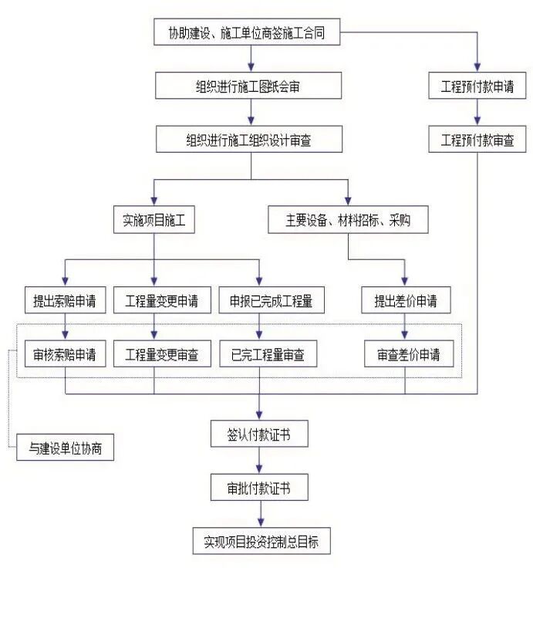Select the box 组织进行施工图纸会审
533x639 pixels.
pyautogui.click(x=248, y=86)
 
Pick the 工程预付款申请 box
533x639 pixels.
pyautogui.click(x=477, y=86)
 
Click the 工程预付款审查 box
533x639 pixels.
pyautogui.click(x=477, y=140)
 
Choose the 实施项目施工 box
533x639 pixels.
pyautogui.click(x=154, y=221)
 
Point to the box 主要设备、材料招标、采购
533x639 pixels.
pyautogui.click(x=348, y=221)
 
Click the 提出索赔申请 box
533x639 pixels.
pyautogui.click(x=65, y=301)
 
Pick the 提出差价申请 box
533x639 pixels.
pyautogui.click(x=406, y=301)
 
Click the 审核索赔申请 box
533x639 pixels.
pyautogui.click(x=65, y=355)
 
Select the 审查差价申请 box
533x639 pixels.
pyautogui.click(x=409, y=355)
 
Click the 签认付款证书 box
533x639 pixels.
pyautogui.click(x=259, y=434)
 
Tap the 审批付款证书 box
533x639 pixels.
pyautogui.click(x=259, y=488)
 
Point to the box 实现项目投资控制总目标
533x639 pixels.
pyautogui.click(x=261, y=542)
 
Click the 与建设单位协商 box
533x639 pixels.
pyautogui.click(x=66, y=448)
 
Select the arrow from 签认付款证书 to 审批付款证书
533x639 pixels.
pyautogui.click(x=259, y=461)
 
